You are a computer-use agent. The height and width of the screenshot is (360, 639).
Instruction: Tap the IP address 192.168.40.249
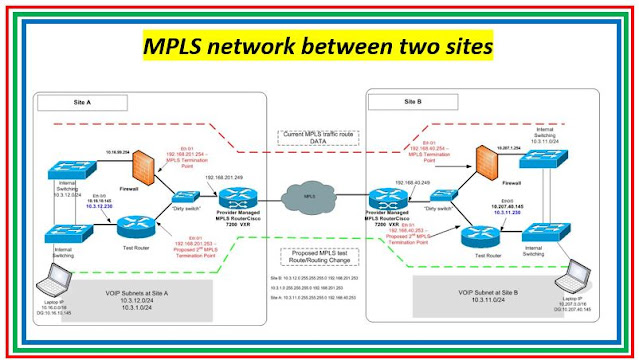(x=412, y=184)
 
